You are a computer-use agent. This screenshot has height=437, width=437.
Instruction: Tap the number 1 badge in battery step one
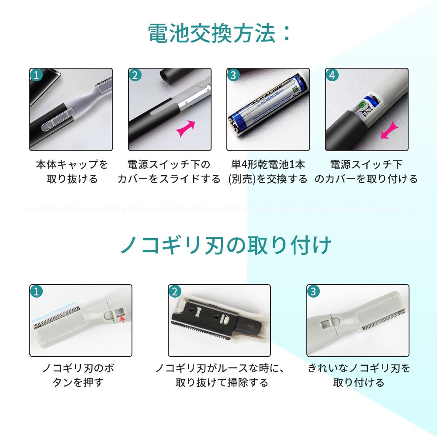(37, 75)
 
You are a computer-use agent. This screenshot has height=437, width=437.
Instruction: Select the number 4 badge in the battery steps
(332, 75)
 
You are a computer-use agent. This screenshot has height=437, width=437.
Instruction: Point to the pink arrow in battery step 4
(390, 130)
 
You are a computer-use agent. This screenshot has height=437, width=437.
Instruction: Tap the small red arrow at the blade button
(122, 319)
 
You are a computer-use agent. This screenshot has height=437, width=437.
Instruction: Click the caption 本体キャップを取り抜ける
(72, 172)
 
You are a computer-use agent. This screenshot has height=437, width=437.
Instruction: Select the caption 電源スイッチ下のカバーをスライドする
(169, 172)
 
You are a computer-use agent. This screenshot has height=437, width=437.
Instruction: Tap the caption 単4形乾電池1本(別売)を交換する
(268, 172)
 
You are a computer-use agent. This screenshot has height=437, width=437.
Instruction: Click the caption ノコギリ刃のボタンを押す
(78, 375)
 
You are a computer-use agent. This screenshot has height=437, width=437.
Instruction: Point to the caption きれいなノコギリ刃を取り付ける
(359, 375)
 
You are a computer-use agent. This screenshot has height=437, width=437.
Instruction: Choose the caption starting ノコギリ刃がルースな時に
(221, 375)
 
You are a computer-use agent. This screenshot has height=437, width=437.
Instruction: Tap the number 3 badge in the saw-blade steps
(313, 291)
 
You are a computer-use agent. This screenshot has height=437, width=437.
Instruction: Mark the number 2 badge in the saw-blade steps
(175, 291)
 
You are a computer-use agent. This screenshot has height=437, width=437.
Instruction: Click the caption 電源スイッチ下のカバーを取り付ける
(366, 172)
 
